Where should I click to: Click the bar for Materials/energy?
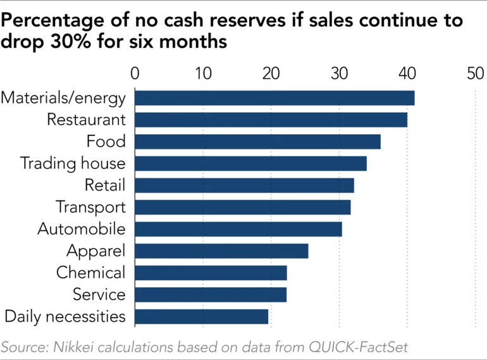274,98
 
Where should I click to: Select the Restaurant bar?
271,120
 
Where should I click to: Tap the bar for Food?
257,141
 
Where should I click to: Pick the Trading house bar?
250,163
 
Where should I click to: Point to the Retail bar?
244,185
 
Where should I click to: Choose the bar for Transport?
242,207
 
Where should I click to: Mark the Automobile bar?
238,229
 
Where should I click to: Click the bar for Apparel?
221,251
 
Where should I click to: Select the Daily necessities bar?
201,316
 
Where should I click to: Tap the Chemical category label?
90,273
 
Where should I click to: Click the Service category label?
99,295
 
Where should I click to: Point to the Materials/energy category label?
63,98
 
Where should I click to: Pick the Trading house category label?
73,163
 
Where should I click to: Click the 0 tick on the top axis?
135,73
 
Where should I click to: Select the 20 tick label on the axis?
271,73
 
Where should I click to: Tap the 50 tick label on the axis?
475,73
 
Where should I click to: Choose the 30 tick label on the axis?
339,73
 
